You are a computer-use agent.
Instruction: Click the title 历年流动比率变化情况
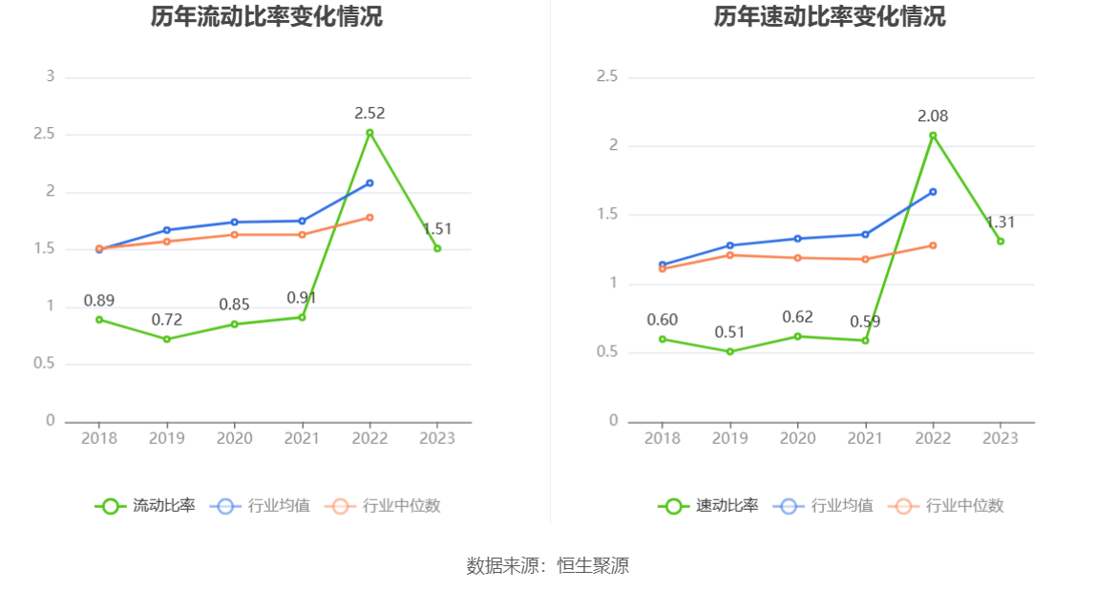click(266, 17)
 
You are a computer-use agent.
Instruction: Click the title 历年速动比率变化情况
click(830, 17)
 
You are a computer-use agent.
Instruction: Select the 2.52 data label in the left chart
click(369, 113)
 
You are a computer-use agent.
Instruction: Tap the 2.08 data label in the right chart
click(933, 116)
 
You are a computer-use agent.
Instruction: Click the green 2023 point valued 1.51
click(437, 248)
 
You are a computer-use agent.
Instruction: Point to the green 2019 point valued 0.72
click(167, 339)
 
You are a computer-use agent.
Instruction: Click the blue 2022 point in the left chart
click(369, 182)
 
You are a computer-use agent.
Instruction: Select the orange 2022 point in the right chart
click(933, 245)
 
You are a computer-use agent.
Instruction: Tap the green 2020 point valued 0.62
click(797, 336)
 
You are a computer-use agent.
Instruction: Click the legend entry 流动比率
click(145, 506)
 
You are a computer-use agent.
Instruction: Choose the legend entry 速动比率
click(708, 506)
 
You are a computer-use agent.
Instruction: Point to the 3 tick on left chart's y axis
click(51, 76)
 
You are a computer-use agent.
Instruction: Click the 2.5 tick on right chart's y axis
click(607, 76)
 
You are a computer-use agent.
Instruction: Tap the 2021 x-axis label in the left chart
click(303, 438)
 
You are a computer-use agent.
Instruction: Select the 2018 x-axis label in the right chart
click(663, 438)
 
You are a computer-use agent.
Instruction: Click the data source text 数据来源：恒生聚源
click(548, 565)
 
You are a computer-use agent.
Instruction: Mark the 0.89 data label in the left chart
click(99, 301)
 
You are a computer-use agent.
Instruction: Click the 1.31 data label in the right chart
click(1001, 222)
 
